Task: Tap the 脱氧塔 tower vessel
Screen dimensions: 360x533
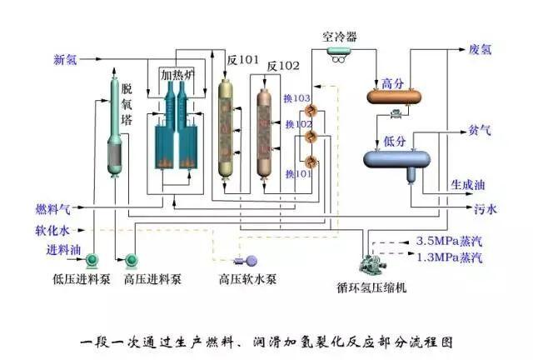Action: coord(114,125)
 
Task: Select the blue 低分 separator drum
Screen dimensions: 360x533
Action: coord(396,156)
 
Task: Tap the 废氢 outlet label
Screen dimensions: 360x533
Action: coord(481,49)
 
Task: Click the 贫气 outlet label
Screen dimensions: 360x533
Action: coord(480,130)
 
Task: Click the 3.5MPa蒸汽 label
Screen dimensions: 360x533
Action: coord(449,241)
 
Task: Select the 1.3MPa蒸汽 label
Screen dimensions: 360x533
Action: coord(449,254)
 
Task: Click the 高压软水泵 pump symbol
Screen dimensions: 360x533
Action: coord(249,261)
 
